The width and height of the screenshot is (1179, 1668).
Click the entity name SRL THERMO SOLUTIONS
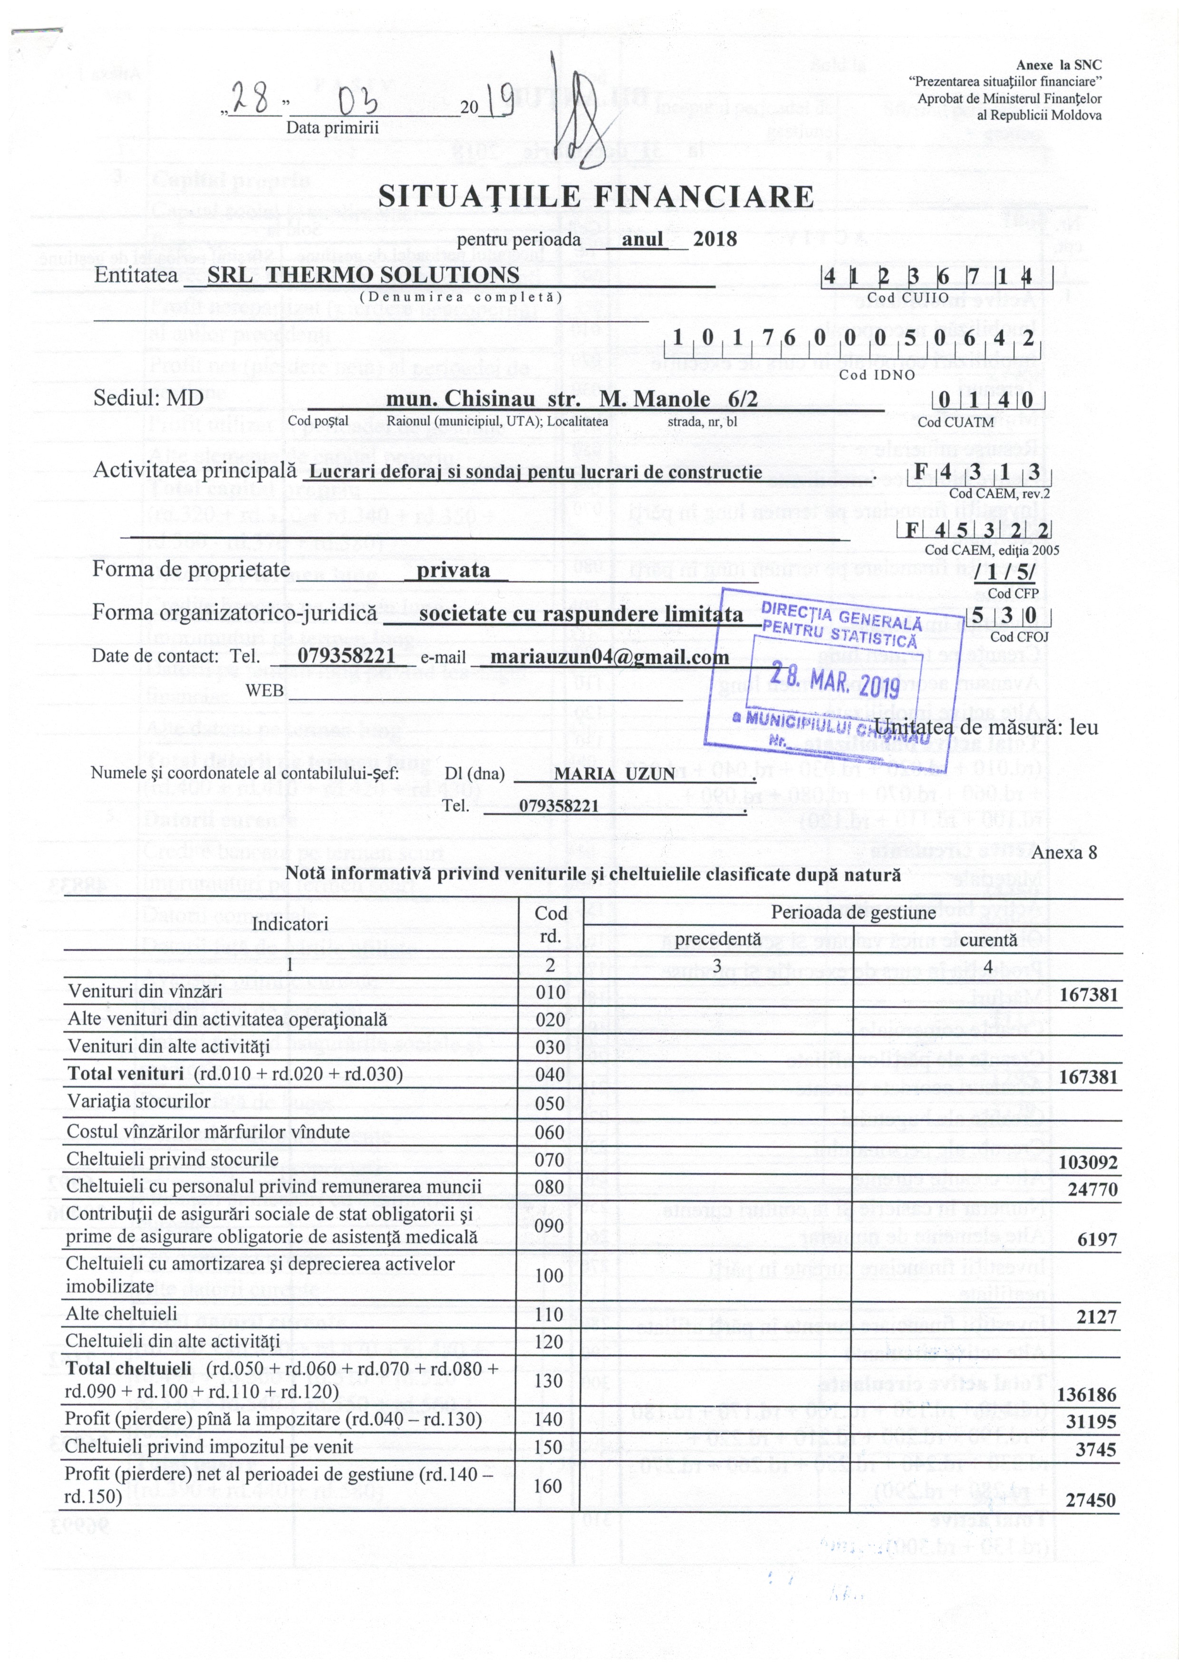click(x=363, y=275)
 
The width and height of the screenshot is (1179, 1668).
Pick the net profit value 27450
click(x=1090, y=1500)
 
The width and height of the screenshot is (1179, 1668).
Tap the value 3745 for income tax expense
click(x=1095, y=1449)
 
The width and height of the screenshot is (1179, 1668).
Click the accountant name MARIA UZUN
click(x=615, y=774)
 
